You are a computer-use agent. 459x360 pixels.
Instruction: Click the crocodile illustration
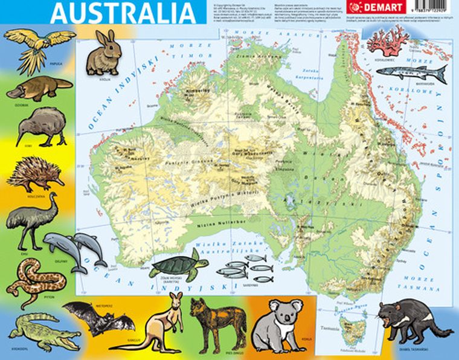tap(42, 332)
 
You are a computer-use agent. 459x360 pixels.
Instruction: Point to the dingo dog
tap(217, 323)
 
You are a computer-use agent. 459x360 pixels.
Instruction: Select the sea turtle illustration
tap(178, 266)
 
